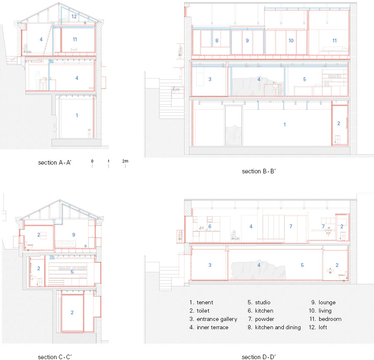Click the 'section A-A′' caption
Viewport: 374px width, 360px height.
(x=54, y=163)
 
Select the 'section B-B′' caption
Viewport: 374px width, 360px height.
(x=259, y=171)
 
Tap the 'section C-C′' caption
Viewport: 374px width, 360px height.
(x=54, y=357)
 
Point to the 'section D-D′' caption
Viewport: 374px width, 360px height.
(x=259, y=357)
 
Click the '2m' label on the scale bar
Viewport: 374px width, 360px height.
(x=125, y=161)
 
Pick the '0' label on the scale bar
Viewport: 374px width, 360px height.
(x=92, y=161)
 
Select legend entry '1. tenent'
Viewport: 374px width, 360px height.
(x=201, y=302)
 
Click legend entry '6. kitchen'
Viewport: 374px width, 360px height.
(x=261, y=311)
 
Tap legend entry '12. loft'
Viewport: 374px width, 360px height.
(x=318, y=327)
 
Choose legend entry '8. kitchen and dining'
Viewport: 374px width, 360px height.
(x=274, y=327)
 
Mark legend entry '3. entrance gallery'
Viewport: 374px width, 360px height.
(x=213, y=319)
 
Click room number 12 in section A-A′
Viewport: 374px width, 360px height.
(x=74, y=17)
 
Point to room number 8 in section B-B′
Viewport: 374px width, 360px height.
(x=217, y=41)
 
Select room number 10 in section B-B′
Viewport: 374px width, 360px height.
(x=291, y=41)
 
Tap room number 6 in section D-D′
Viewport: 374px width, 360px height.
(x=210, y=226)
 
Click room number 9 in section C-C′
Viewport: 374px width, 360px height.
(x=74, y=234)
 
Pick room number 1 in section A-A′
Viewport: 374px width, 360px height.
(x=77, y=115)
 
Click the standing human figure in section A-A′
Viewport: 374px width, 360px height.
(x=38, y=80)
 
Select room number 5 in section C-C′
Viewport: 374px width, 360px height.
(x=72, y=272)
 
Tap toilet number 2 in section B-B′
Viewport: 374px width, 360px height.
(x=339, y=123)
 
